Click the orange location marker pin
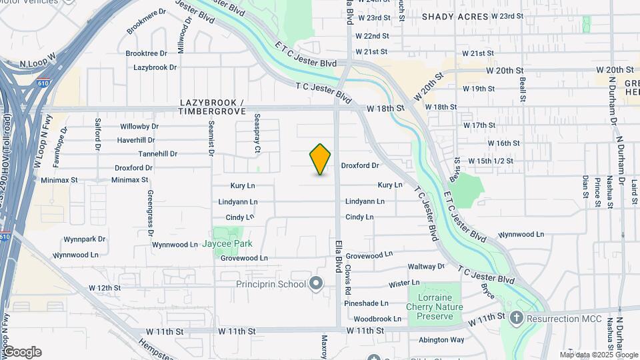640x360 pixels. click(x=321, y=159)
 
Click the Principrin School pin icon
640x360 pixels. click(x=317, y=285)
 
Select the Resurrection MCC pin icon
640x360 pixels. click(x=516, y=318)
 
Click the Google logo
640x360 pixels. click(x=21, y=351)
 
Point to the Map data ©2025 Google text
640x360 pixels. click(x=598, y=355)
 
